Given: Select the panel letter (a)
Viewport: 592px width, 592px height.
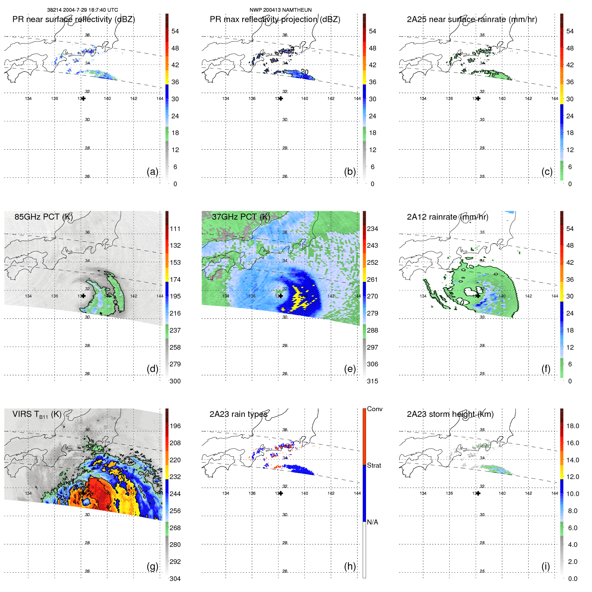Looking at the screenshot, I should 152,171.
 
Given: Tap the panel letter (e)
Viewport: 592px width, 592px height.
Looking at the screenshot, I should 350,369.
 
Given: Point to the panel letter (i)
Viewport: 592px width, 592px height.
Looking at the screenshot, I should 546,566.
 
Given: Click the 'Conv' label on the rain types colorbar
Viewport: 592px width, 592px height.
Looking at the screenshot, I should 374,409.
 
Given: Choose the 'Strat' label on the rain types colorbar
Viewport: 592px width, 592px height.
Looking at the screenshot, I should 374,465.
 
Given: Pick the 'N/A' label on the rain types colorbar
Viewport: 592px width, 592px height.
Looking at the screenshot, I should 372,522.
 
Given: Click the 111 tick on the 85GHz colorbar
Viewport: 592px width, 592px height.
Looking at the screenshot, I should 175,229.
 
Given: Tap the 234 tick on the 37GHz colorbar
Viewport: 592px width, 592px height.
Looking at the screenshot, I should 372,229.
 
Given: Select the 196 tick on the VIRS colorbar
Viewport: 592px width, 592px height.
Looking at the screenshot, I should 175,426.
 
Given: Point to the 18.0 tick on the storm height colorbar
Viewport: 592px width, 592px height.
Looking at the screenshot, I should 573,426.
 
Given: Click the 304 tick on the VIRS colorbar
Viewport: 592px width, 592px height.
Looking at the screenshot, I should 175,579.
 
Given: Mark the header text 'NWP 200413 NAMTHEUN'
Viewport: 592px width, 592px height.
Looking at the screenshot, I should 280,10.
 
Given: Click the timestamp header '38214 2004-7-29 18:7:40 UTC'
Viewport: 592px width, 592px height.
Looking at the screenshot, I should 83,10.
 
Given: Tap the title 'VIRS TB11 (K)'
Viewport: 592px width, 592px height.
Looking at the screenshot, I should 37,414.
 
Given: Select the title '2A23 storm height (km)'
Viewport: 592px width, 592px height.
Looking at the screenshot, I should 450,414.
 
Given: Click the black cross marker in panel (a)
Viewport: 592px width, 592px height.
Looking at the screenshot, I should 83,99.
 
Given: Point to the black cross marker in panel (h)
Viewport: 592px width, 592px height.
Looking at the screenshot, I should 281,493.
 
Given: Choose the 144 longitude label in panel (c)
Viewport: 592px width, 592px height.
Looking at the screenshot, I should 555,99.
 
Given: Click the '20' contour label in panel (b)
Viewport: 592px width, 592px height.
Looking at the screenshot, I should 304,72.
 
